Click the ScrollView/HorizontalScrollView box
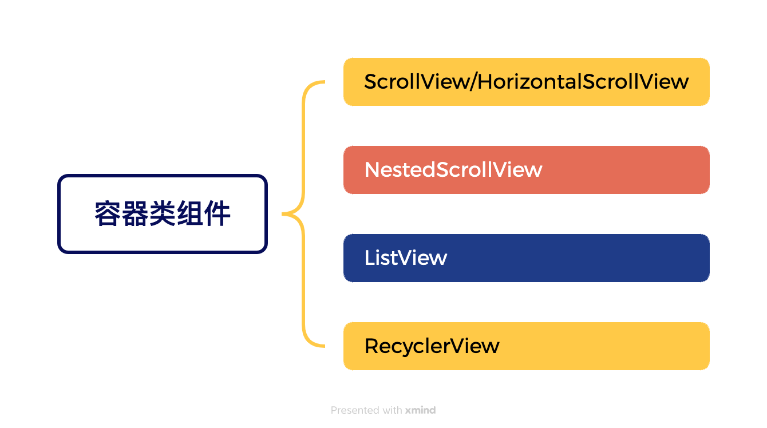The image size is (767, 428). point(526,82)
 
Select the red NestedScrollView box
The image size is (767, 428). point(526,170)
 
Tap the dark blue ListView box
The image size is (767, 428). point(526,258)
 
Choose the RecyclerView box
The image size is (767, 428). point(526,346)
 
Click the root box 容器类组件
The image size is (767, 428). point(163,214)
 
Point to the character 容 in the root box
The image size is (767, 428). point(108,214)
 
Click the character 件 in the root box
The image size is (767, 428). point(218,214)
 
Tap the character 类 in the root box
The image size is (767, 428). point(163,214)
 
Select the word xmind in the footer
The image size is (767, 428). point(421,410)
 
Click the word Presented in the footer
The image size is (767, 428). point(355,410)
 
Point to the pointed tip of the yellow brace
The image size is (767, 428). point(284,215)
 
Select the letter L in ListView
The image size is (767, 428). point(369,258)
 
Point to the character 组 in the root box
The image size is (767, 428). point(190,214)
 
